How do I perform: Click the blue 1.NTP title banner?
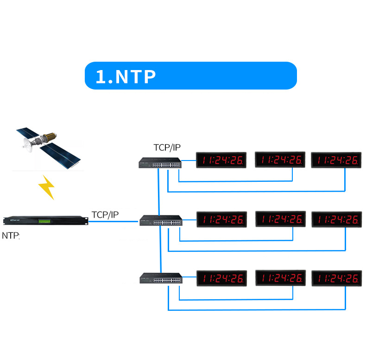190,76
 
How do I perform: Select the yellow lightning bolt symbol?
46,187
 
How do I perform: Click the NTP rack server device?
45,221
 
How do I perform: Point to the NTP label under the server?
11,236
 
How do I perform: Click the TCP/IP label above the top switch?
167,148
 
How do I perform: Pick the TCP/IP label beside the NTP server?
105,215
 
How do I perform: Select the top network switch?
160,162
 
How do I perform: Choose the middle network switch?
161,220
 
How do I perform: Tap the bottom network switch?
161,278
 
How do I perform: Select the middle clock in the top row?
280,160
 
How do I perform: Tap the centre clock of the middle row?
280,219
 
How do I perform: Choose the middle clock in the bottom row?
280,278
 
